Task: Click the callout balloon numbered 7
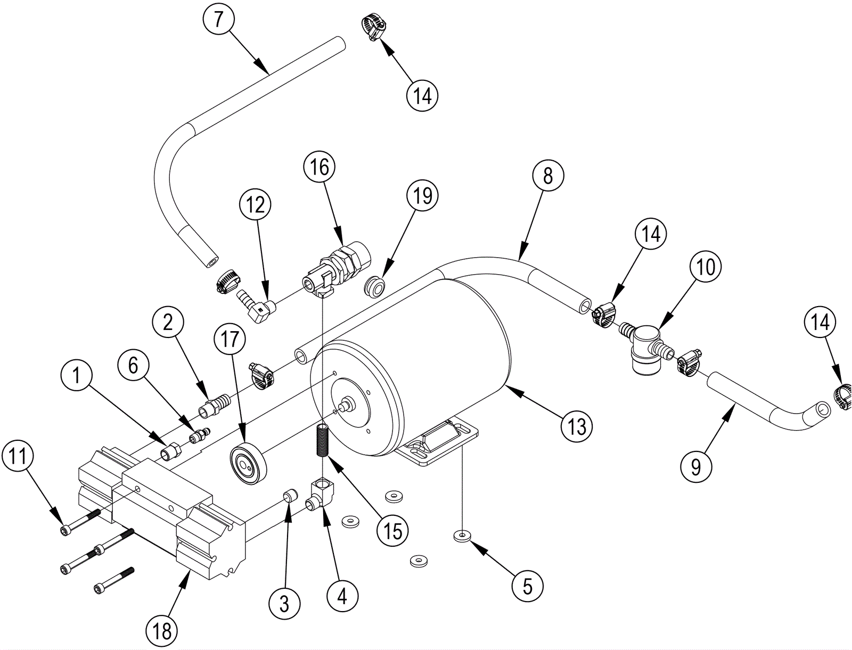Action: coord(218,19)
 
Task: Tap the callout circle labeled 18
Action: coord(162,631)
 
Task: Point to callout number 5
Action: coord(528,587)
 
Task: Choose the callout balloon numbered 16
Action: coord(320,167)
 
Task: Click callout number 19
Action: coord(422,195)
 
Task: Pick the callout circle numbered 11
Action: coord(18,457)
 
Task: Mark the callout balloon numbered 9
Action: coord(696,467)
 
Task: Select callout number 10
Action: coord(705,268)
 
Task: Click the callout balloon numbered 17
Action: coord(230,339)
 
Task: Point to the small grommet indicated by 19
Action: coord(374,287)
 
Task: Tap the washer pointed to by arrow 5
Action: coord(461,536)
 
